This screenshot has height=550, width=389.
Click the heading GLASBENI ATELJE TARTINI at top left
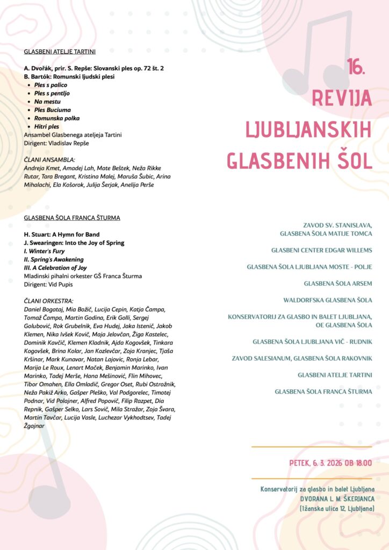coord(60,52)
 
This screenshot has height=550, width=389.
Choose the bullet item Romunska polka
coord(54,118)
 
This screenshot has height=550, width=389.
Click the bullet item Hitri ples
coord(47,126)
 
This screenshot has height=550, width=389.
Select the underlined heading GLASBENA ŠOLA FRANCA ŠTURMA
coord(72,218)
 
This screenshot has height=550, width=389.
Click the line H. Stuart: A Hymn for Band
coord(62,235)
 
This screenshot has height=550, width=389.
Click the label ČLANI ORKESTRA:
coord(49,301)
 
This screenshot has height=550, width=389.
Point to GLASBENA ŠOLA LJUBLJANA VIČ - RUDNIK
coord(312,342)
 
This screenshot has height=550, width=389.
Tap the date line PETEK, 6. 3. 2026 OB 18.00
coord(330,462)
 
